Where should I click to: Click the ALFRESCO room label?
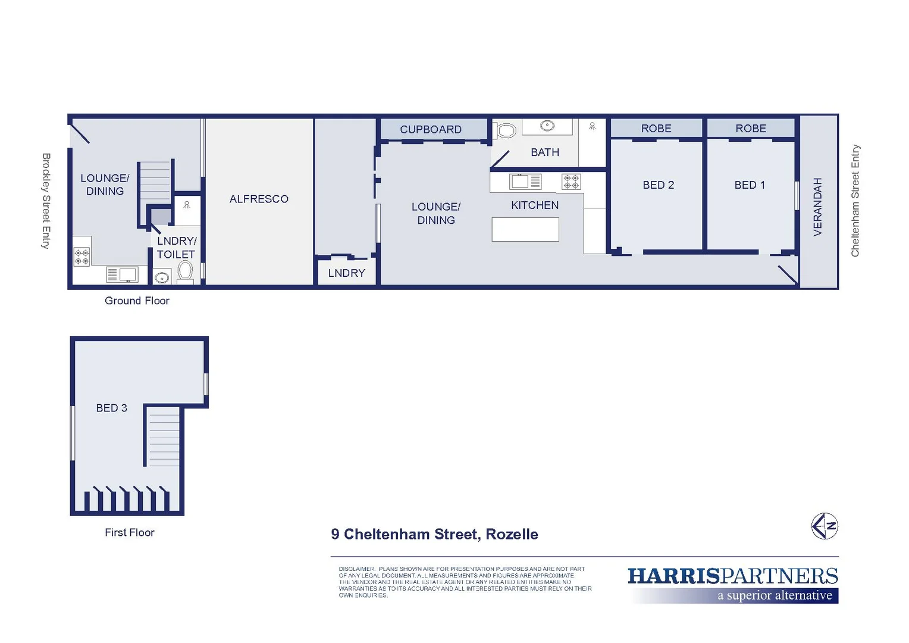click(259, 199)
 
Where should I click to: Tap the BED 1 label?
click(750, 185)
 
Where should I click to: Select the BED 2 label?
click(658, 185)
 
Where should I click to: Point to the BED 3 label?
click(111, 408)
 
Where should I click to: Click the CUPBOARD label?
click(430, 129)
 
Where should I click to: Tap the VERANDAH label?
click(817, 207)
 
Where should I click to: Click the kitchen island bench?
click(525, 229)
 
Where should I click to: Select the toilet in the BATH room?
click(506, 130)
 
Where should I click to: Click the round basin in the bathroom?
click(547, 126)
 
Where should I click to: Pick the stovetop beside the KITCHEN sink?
click(571, 182)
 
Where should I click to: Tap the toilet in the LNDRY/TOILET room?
click(185, 271)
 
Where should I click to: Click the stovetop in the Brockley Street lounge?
click(82, 257)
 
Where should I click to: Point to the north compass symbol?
click(825, 526)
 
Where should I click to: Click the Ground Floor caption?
click(137, 301)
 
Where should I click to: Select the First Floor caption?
click(129, 532)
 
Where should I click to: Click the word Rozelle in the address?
click(512, 534)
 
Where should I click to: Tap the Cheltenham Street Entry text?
click(855, 201)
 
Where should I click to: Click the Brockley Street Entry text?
click(46, 201)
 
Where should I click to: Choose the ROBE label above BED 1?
click(750, 129)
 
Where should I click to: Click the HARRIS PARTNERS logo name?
click(732, 576)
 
